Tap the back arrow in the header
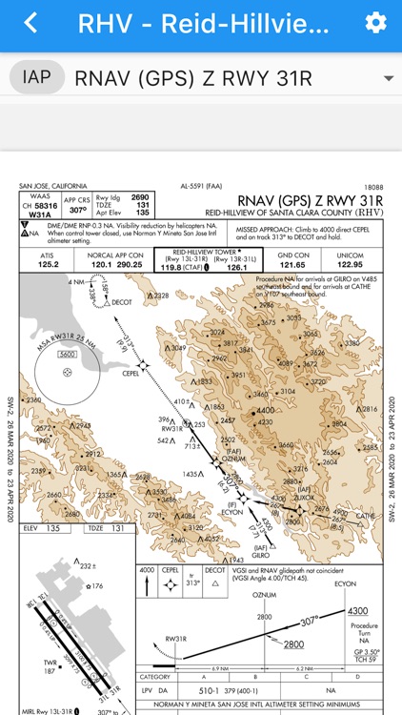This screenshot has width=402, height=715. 31,24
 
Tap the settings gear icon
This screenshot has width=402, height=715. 375,24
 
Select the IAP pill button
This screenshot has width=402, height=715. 36,77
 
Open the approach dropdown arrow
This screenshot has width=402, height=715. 388,78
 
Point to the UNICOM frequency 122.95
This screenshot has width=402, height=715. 351,264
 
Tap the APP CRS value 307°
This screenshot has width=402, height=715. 77,210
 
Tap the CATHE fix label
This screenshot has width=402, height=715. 366,515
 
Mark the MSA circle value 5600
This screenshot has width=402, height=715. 67,355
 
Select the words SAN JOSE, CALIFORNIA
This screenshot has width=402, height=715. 51,188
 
